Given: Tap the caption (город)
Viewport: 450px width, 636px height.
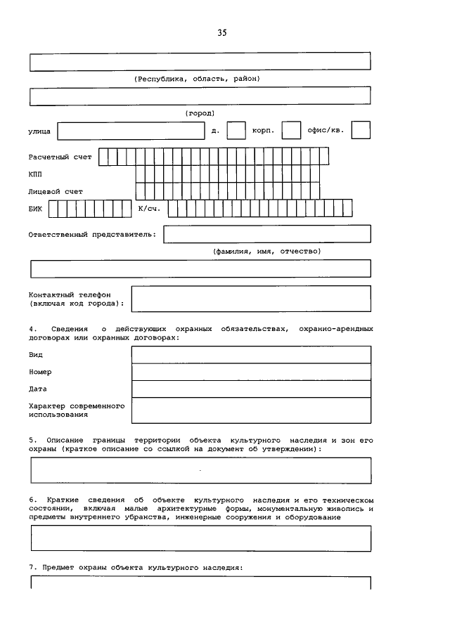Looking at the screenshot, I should (200, 112).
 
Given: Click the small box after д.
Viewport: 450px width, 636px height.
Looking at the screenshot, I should (236, 131).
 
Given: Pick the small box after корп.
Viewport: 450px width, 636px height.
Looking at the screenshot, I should (291, 131).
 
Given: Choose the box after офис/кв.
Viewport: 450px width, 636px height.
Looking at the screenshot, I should (361, 131).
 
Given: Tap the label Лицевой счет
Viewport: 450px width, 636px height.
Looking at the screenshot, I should (56, 191).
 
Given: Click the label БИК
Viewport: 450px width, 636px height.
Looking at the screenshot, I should (35, 209).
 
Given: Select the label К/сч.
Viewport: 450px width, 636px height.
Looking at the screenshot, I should (149, 209).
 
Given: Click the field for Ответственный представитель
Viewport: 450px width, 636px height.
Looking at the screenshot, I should (266, 234).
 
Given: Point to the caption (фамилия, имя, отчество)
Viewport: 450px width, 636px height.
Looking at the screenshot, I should (266, 251).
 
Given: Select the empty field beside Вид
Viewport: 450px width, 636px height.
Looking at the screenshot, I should (251, 354).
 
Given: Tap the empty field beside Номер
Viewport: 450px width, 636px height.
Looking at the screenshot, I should (251, 372).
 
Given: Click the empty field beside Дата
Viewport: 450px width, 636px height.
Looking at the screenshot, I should (251, 389).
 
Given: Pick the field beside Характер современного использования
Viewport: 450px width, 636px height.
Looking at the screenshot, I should (251, 410).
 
